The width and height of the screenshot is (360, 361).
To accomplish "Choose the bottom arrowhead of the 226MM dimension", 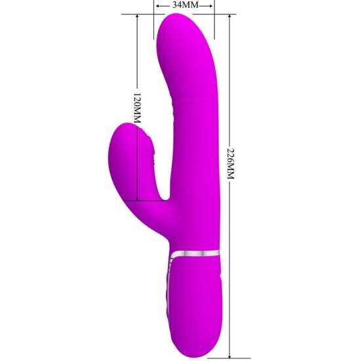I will pos(230,352).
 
